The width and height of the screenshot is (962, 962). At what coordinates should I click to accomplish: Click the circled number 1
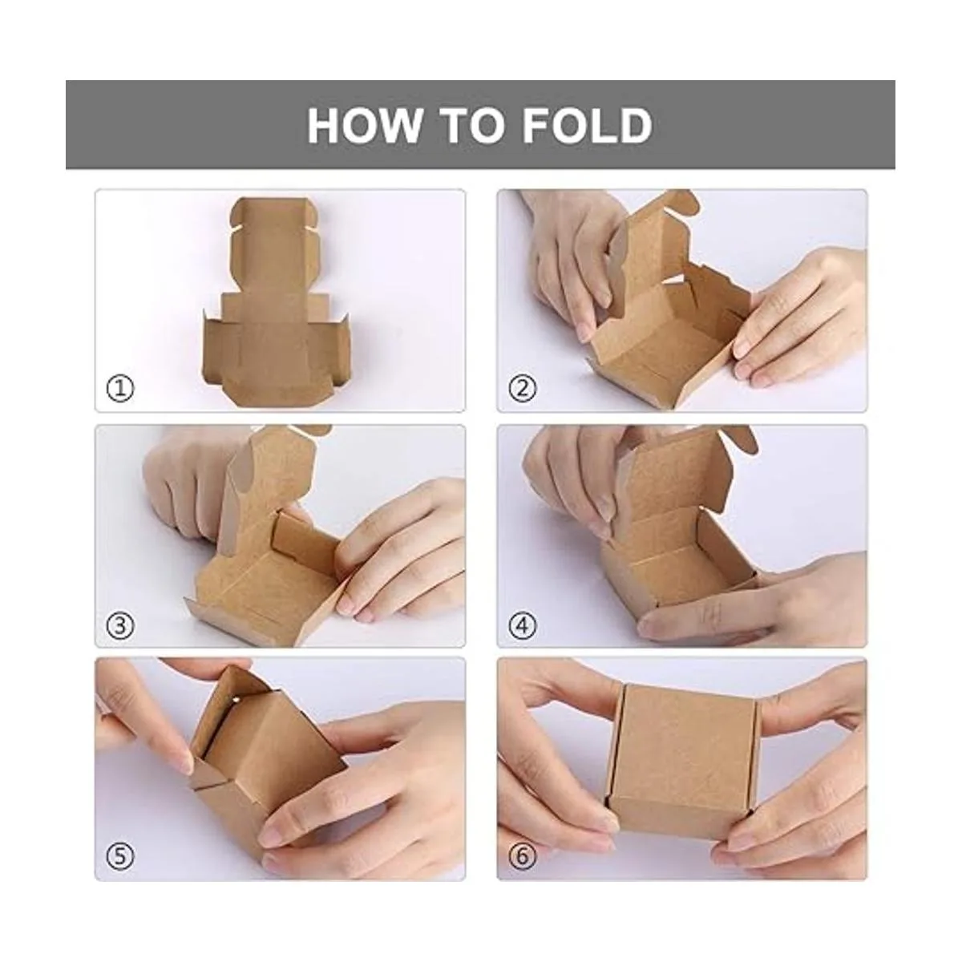tap(120, 388)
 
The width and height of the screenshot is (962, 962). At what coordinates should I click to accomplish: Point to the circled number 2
tap(522, 388)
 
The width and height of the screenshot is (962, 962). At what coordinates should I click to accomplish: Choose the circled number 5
tap(120, 856)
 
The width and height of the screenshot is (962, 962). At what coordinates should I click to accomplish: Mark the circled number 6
tap(522, 856)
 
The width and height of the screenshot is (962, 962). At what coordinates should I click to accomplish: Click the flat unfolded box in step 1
tap(275, 305)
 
